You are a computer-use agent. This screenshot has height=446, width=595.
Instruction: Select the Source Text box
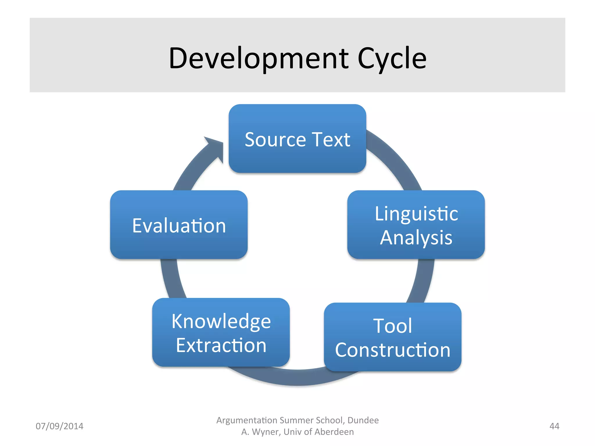(297, 139)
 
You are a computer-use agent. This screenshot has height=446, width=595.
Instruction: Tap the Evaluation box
(179, 225)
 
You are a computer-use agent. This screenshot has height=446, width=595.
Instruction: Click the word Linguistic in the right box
(416, 214)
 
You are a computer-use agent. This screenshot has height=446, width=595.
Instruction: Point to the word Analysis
(416, 238)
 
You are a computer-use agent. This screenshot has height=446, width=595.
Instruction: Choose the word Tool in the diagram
(393, 325)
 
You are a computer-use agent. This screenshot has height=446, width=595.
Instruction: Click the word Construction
(393, 350)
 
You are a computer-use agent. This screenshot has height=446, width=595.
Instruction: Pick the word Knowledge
(221, 321)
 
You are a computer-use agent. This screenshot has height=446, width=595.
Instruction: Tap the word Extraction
(221, 345)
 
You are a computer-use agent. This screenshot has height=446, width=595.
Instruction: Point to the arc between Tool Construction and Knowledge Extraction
(299, 377)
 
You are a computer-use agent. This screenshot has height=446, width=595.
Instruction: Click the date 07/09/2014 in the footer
(59, 426)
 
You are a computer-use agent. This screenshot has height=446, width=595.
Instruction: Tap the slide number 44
(554, 426)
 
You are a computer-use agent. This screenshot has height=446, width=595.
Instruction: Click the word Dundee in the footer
(363, 420)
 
